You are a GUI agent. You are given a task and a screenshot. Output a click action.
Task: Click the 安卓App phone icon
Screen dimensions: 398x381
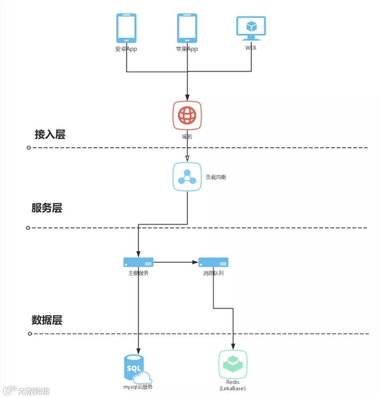[126, 28]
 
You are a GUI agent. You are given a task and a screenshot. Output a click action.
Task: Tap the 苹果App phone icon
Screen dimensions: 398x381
[187, 28]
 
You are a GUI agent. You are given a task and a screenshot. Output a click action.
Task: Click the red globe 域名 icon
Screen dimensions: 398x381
[187, 115]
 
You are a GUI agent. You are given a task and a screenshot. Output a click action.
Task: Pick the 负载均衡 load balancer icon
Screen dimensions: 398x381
[187, 177]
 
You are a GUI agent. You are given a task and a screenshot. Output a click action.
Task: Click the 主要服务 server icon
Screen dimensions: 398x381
[138, 262]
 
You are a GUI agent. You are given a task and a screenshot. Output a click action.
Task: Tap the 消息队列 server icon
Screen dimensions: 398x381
[213, 262]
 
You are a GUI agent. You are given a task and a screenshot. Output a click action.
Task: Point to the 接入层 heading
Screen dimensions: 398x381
[50, 134]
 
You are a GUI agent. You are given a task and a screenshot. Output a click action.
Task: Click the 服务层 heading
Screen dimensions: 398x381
[47, 208]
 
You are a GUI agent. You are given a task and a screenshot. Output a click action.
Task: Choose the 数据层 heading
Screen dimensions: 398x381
[47, 320]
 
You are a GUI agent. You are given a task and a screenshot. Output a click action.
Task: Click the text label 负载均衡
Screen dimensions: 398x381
[216, 177]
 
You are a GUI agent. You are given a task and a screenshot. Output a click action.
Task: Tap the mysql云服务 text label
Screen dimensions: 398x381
[138, 387]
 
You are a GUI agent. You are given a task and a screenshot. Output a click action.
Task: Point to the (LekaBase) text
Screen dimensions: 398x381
[232, 388]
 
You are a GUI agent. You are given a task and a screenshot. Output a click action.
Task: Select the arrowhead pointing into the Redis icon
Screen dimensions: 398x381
[233, 346]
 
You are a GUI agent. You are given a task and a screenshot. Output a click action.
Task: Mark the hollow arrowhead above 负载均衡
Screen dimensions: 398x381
[187, 158]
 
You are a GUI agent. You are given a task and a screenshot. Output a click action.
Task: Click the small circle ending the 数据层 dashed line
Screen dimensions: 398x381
[30, 334]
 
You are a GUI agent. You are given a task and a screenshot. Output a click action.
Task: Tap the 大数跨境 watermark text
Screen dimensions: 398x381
[34, 391]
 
